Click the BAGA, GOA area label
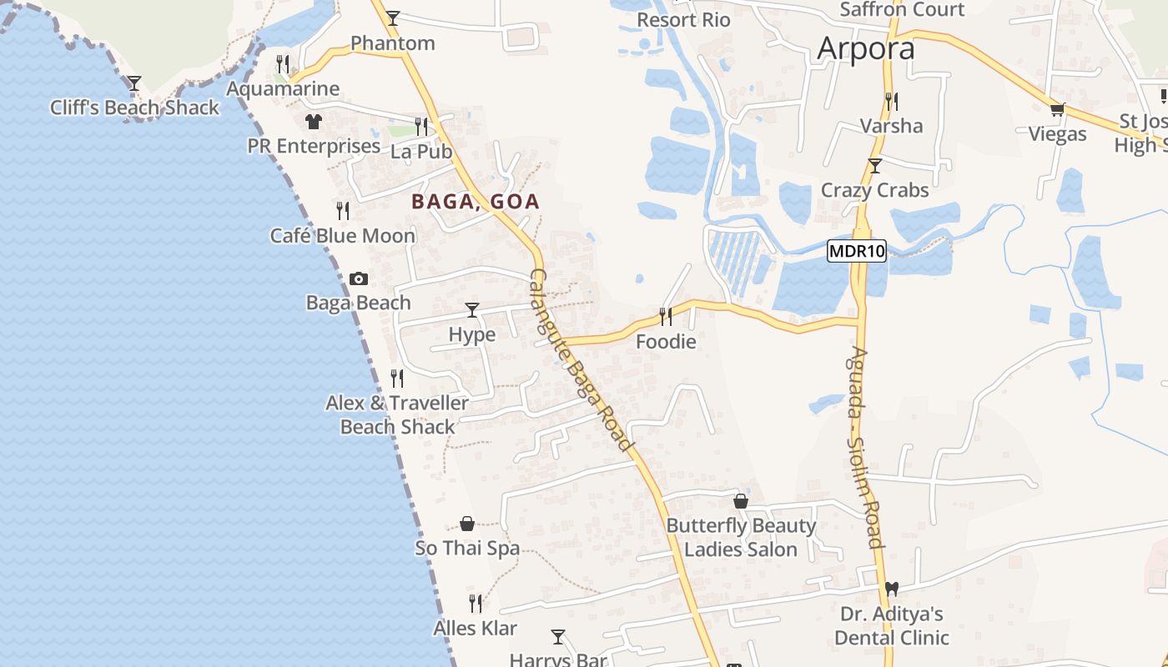[476, 202]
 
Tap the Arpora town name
[866, 48]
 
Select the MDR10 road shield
[857, 251]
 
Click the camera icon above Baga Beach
[359, 278]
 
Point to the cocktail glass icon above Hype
[472, 310]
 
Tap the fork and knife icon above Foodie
[666, 317]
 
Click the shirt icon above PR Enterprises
[314, 122]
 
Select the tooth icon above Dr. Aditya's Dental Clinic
[892, 589]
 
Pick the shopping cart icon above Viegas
[1058, 109]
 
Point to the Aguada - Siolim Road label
[864, 447]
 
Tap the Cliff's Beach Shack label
[134, 108]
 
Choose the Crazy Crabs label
[874, 190]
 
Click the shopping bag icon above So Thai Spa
[467, 524]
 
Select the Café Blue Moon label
[342, 236]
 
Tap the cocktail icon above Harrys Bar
[558, 637]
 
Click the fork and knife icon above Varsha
[892, 102]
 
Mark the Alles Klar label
[475, 628]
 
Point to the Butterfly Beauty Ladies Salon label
[741, 537]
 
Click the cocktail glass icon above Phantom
[393, 18]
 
